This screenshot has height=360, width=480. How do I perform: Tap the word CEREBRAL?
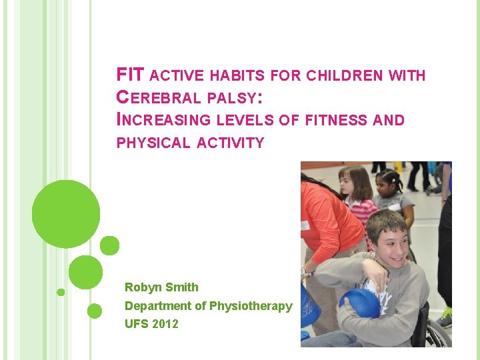[x=158, y=97]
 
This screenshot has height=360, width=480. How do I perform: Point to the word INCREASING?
[x=159, y=120]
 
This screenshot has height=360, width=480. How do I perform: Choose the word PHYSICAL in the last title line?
[x=153, y=143]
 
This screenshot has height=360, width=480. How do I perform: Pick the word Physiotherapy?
[x=251, y=306]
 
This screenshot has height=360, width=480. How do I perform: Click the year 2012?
[x=165, y=324]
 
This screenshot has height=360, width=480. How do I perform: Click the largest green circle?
[x=66, y=214]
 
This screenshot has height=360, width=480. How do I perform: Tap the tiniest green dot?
[x=61, y=292]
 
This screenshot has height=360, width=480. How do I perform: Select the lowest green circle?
[x=95, y=311]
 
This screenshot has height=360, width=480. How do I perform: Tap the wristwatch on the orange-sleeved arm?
[x=305, y=272]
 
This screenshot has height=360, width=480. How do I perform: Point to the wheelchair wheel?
[x=437, y=333]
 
